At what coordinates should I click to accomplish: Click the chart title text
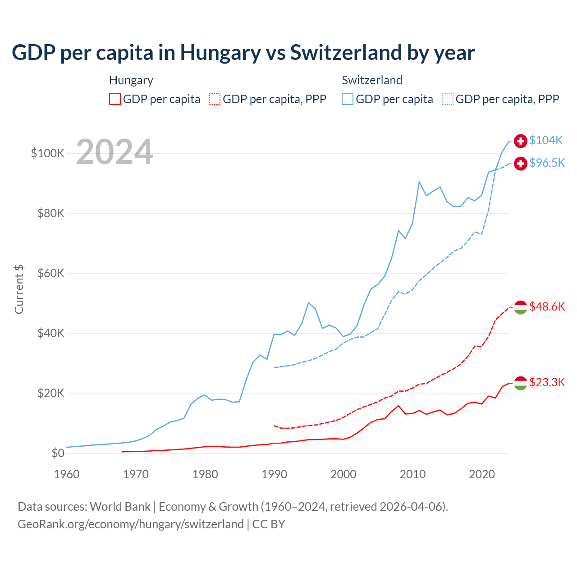(243, 52)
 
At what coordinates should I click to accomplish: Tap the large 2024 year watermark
(114, 152)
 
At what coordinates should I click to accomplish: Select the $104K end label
(546, 140)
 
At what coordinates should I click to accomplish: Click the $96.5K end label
(547, 163)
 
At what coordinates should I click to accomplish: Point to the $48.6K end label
(547, 307)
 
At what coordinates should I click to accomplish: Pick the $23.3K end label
(547, 382)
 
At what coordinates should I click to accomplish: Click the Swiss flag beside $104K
(521, 141)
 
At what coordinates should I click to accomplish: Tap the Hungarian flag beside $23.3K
(521, 383)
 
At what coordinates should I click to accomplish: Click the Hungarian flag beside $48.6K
(521, 307)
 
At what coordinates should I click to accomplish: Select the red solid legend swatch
(115, 99)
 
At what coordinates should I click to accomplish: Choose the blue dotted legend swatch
(448, 99)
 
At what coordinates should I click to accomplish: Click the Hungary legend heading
(131, 80)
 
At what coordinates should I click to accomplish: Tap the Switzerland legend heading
(372, 80)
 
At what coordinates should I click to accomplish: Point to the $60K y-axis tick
(51, 273)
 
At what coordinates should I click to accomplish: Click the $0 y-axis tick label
(58, 453)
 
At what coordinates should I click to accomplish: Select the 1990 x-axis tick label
(274, 474)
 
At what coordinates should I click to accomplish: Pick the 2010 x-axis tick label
(412, 474)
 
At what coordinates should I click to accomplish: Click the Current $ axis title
(19, 289)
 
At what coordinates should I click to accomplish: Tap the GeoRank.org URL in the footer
(131, 524)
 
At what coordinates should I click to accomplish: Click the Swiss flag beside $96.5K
(521, 163)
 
